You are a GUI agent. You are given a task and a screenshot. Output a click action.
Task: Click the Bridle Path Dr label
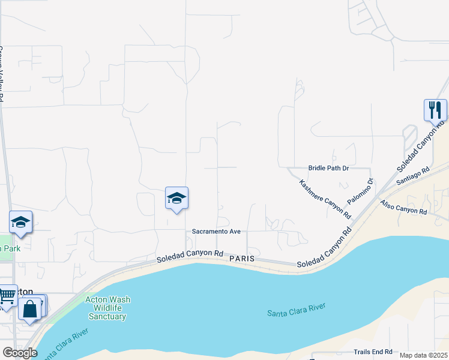click(x=328, y=169)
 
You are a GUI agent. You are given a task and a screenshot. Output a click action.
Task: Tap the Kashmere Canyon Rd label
click(x=325, y=197)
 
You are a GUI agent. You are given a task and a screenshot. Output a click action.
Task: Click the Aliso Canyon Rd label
click(x=403, y=208)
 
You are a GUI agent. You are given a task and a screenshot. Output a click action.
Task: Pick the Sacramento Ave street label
click(x=216, y=232)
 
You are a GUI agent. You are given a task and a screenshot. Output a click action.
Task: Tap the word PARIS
click(x=242, y=258)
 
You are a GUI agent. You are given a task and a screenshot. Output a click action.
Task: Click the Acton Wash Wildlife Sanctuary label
click(x=107, y=308)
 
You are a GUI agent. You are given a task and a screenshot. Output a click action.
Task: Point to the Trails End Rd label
click(x=373, y=352)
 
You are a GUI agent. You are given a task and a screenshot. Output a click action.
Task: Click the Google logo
click(x=20, y=353)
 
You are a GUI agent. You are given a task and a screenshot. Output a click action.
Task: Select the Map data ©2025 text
click(x=423, y=355)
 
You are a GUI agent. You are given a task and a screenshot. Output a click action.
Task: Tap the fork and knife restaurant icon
click(x=435, y=110)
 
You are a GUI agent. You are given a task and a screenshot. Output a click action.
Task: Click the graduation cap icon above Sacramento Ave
click(x=177, y=198)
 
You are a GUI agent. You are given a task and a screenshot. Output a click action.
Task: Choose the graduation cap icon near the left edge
click(x=21, y=222)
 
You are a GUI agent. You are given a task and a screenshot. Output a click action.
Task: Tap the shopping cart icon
click(x=7, y=295)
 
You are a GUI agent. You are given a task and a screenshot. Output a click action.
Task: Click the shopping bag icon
click(x=29, y=309)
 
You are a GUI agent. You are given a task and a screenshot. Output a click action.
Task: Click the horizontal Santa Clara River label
click(x=296, y=310)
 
